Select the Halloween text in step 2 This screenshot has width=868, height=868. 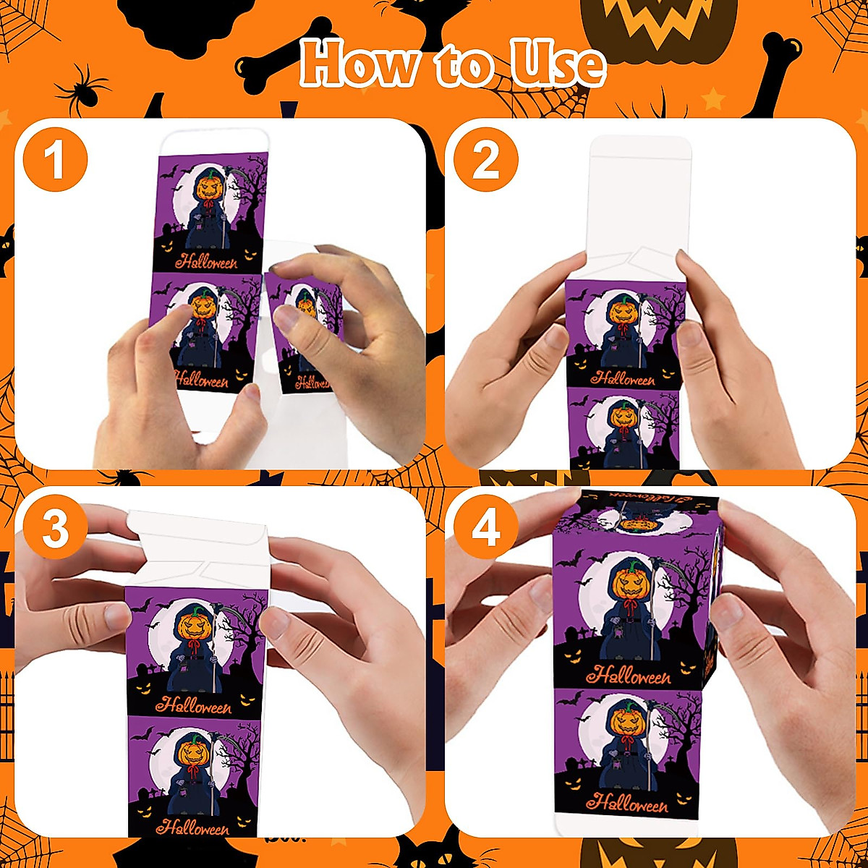pos(622,377)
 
